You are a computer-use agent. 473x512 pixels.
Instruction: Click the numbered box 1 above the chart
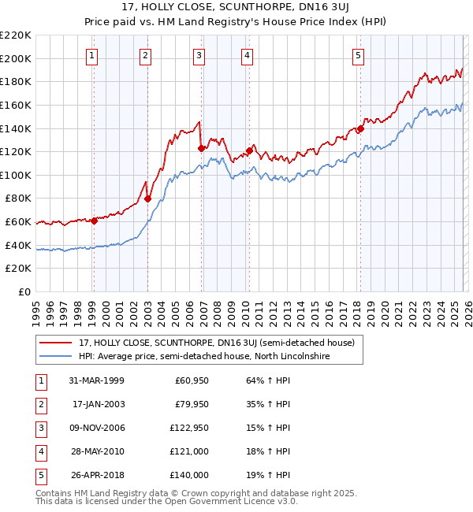tap(93, 55)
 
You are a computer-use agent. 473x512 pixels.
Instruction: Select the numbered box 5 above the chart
tap(359, 55)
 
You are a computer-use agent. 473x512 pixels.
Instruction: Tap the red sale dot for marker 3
tap(201, 147)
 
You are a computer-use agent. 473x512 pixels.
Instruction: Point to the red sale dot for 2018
tap(360, 128)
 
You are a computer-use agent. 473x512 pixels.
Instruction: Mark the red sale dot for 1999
tap(94, 221)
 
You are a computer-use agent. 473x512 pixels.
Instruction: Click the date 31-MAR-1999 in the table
tap(98, 380)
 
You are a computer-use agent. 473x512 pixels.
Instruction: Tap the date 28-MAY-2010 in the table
tap(98, 451)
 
